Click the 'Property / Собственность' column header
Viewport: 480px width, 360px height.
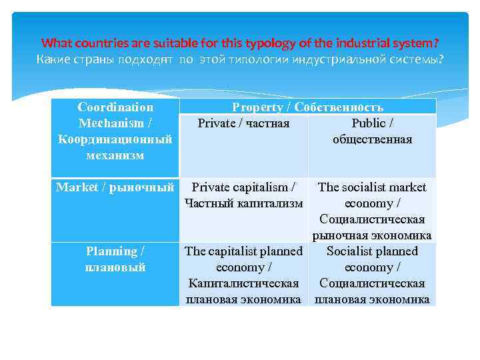click(x=307, y=107)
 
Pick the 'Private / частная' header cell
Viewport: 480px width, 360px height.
click(x=243, y=123)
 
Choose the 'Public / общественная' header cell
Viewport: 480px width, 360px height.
click(x=372, y=131)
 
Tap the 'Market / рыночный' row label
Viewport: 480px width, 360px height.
click(x=115, y=187)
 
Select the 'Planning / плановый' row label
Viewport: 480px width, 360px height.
click(x=115, y=259)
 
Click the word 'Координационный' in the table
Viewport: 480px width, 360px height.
click(x=115, y=139)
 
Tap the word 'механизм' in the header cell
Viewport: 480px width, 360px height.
click(x=115, y=155)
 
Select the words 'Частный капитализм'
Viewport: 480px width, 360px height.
click(x=243, y=203)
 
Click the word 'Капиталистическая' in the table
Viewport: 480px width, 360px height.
click(x=243, y=283)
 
